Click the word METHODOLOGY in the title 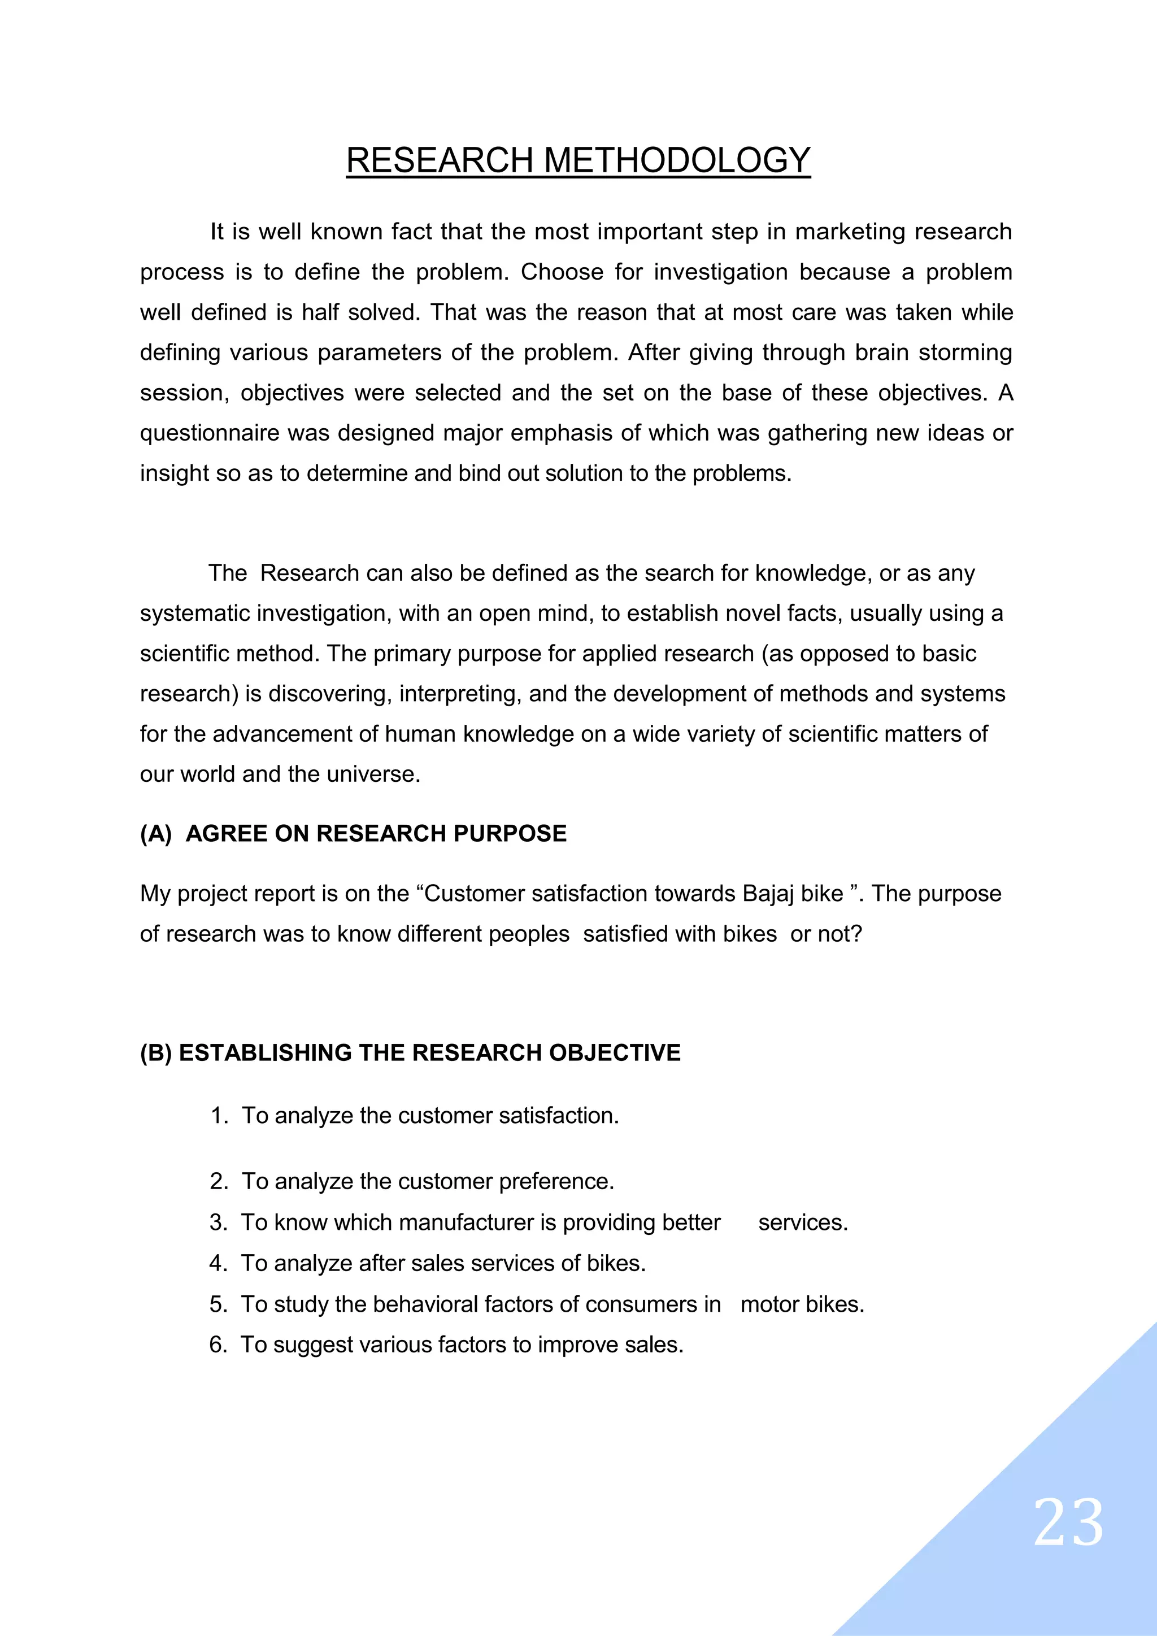tap(677, 160)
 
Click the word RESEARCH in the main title tap(440, 160)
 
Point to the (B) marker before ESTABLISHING tap(156, 1052)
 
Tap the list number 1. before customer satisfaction tap(218, 1116)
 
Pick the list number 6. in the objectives tap(218, 1345)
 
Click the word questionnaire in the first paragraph tap(210, 433)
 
